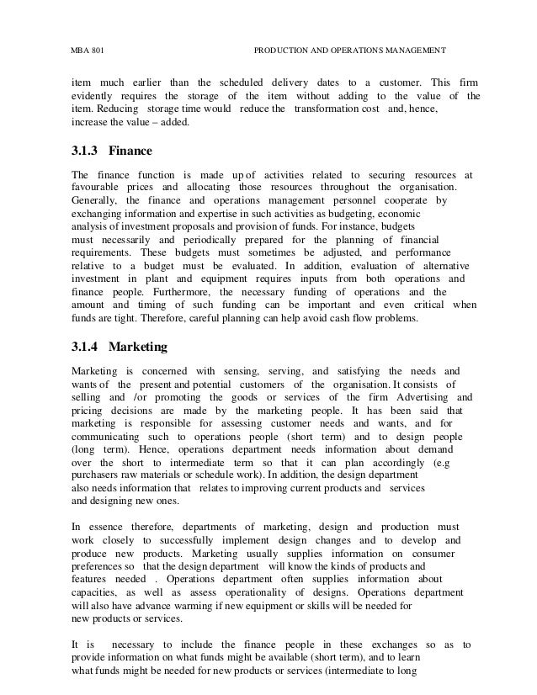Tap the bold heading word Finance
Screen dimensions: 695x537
(x=131, y=152)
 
